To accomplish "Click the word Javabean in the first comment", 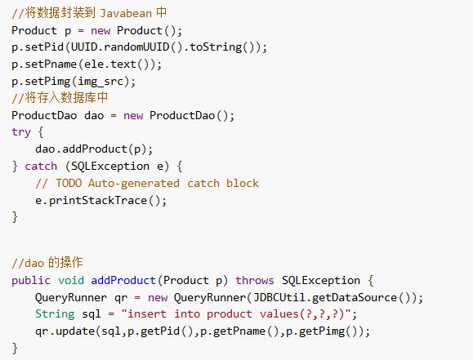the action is pyautogui.click(x=126, y=13).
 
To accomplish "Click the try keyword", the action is pyautogui.click(x=21, y=132).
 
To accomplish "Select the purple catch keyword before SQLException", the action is pyautogui.click(x=41, y=167).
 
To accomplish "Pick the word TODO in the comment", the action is pyautogui.click(x=69, y=184).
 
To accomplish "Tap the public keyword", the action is pyautogui.click(x=31, y=281).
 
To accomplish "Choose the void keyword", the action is pyautogui.click(x=71, y=281).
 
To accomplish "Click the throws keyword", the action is pyautogui.click(x=255, y=281).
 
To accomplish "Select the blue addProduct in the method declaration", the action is pyautogui.click(x=123, y=281).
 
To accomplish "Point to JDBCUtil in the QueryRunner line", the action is pyautogui.click(x=279, y=298).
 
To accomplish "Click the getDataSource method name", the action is pyautogui.click(x=355, y=298).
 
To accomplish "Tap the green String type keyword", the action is pyautogui.click(x=55, y=314).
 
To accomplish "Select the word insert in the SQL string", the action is pyautogui.click(x=147, y=314).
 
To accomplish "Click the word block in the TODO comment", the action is pyautogui.click(x=243, y=184).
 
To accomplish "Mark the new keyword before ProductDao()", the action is pyautogui.click(x=133, y=116).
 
